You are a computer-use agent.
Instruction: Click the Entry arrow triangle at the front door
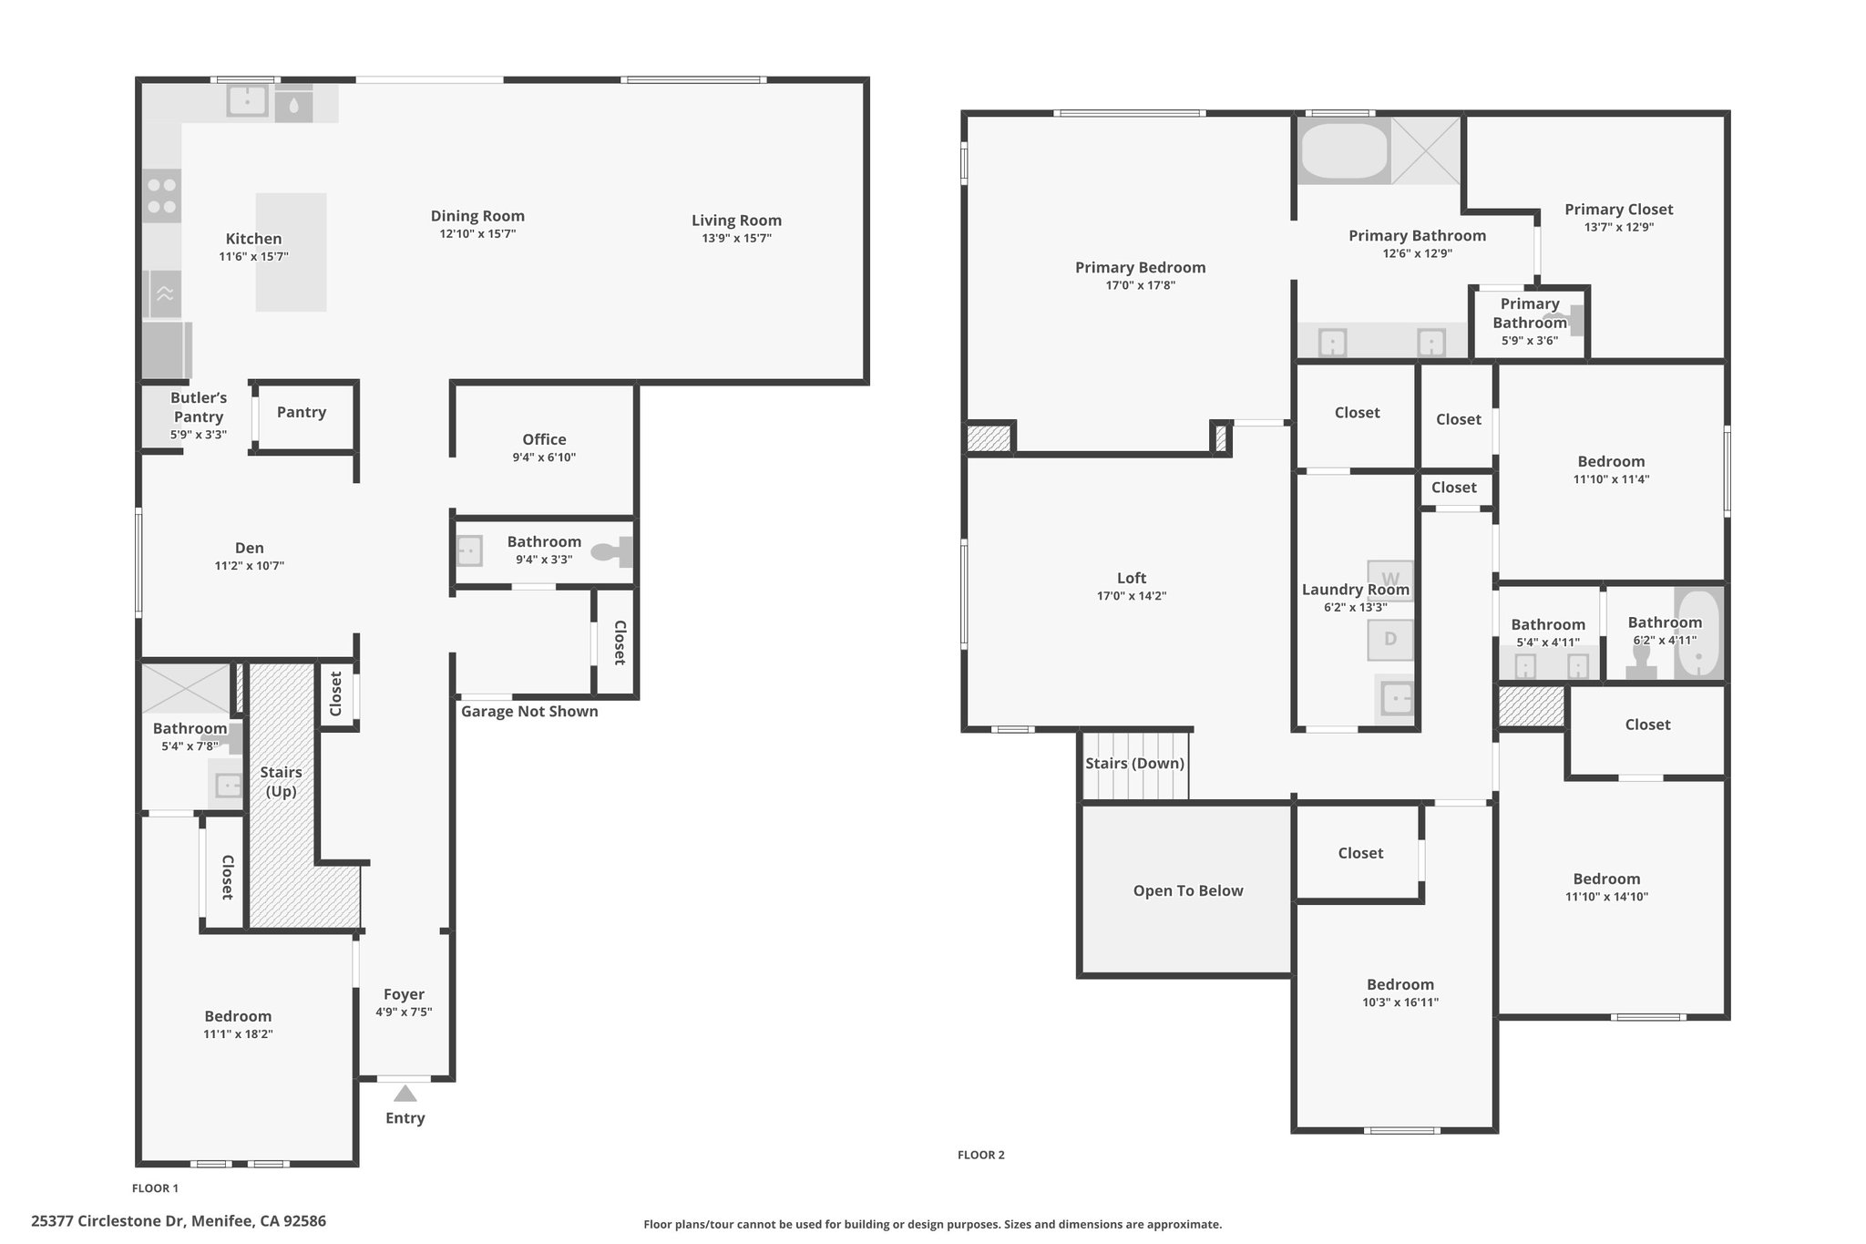click(x=405, y=1093)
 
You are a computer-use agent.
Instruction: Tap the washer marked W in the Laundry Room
click(x=1390, y=580)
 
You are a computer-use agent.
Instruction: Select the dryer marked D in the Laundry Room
click(x=1390, y=640)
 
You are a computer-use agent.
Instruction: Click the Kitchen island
click(x=291, y=252)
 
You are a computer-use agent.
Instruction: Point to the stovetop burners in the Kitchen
click(x=162, y=196)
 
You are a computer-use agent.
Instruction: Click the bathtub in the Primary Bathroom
click(x=1344, y=151)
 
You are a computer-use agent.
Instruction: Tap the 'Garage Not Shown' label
click(x=529, y=712)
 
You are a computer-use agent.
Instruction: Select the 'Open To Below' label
click(x=1188, y=890)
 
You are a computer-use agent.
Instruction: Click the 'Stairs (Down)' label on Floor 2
click(x=1134, y=764)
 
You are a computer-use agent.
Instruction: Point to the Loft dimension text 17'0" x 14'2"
click(x=1132, y=596)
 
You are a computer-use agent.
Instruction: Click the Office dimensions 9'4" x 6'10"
click(x=544, y=458)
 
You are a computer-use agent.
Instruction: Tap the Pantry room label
click(x=302, y=412)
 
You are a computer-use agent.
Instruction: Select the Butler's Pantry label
click(x=199, y=407)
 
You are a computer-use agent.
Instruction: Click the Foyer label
click(x=404, y=994)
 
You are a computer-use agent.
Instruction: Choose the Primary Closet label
click(x=1619, y=210)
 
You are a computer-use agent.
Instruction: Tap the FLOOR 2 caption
click(x=981, y=1155)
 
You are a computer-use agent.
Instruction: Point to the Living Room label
click(x=736, y=221)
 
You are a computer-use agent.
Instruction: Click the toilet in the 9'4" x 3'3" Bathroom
click(x=612, y=551)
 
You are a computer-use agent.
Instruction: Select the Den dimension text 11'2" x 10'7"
click(x=250, y=566)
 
